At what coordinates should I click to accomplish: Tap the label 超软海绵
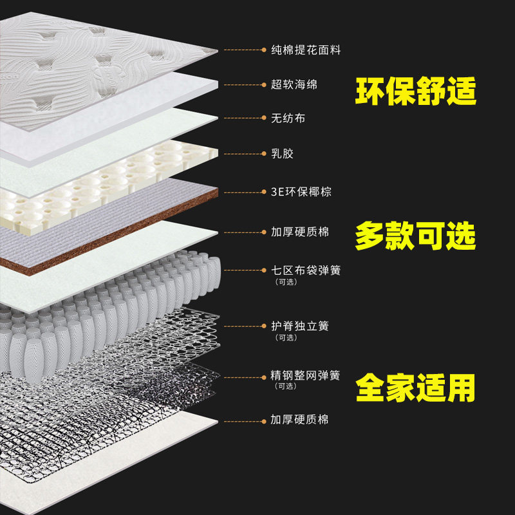tap(294, 84)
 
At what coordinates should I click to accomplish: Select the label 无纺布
tap(285, 118)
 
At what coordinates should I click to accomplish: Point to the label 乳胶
tap(278, 154)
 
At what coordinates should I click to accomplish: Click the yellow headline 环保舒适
tap(416, 93)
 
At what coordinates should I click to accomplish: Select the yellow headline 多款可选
tap(416, 237)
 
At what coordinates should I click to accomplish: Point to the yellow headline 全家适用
tap(416, 388)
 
